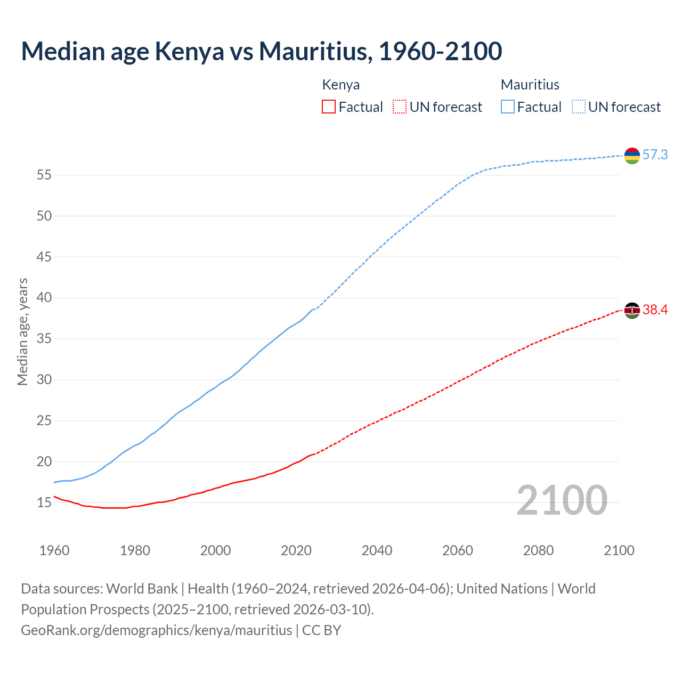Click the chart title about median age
(x=261, y=51)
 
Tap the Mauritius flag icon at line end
(x=632, y=156)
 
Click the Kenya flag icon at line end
(x=632, y=311)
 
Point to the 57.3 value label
(x=655, y=155)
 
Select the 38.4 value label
(x=655, y=310)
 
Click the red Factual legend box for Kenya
(x=329, y=107)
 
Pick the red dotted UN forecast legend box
(x=400, y=107)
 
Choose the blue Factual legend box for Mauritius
(x=508, y=107)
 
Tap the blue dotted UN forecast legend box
(x=579, y=107)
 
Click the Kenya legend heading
(x=341, y=85)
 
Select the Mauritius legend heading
(x=530, y=85)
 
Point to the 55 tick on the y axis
(x=44, y=175)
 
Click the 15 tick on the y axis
(x=44, y=502)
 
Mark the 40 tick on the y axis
(x=44, y=298)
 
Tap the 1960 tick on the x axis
(x=54, y=550)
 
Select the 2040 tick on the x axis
(x=377, y=550)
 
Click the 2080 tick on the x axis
(x=538, y=550)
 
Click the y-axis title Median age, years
(x=22, y=331)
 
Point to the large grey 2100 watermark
(x=562, y=500)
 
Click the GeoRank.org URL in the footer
(x=157, y=630)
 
